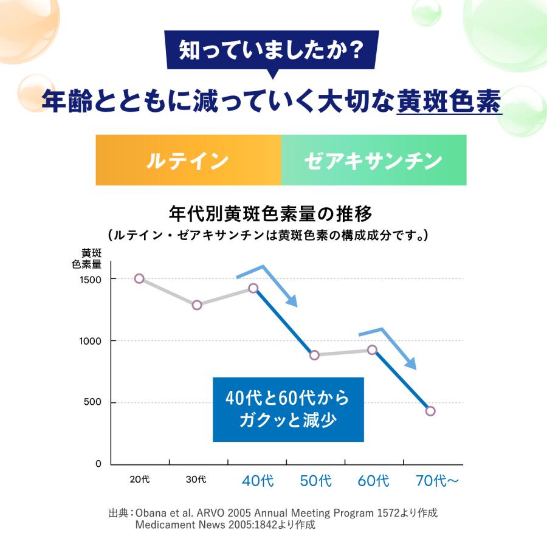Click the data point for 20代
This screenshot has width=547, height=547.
click(x=139, y=278)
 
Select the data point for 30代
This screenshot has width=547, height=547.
click(x=197, y=305)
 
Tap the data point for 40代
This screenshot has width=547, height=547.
click(x=253, y=288)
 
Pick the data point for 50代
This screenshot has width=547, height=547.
click(x=314, y=355)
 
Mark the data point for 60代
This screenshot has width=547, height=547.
click(x=373, y=349)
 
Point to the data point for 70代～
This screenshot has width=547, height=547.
click(x=430, y=411)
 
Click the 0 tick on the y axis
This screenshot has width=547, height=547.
click(x=98, y=464)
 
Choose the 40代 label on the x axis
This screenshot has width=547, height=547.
click(x=258, y=481)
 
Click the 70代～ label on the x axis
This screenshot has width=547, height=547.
click(x=437, y=481)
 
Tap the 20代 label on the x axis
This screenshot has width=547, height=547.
click(x=139, y=480)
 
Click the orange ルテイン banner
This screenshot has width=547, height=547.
click(x=188, y=160)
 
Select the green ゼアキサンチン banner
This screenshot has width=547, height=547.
click(x=373, y=160)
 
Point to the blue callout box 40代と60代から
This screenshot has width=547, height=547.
click(x=287, y=409)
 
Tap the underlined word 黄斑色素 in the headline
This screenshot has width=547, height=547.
click(x=449, y=101)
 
